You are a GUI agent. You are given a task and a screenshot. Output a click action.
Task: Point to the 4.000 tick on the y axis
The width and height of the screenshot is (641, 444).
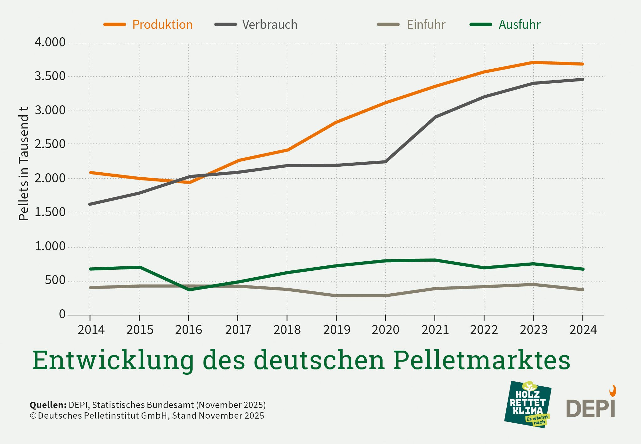pos(50,42)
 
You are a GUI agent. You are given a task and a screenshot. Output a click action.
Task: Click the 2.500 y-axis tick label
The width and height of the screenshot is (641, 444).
pos(50,144)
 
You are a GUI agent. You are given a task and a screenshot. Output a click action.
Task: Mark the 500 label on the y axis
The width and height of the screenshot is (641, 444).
pos(55,280)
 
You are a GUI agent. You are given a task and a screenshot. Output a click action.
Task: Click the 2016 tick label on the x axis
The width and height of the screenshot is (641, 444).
pos(189,330)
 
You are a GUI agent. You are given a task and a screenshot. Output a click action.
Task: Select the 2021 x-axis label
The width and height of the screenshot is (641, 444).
pos(435,330)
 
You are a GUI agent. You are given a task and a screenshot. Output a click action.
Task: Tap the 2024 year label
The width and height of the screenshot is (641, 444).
pos(583,330)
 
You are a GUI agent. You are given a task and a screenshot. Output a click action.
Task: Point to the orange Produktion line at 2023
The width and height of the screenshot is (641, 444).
pos(533,62)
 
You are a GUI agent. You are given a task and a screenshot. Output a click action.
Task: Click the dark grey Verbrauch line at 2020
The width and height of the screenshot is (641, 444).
pos(385,162)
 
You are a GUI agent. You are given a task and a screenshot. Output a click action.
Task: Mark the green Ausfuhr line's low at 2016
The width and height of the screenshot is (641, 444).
pos(189,290)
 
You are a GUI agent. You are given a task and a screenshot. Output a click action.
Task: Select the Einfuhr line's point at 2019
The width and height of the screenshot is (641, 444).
pos(336,295)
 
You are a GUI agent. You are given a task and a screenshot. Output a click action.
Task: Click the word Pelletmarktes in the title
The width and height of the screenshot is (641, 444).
pos(482,360)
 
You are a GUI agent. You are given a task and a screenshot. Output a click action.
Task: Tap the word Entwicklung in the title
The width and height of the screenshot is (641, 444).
pos(113,360)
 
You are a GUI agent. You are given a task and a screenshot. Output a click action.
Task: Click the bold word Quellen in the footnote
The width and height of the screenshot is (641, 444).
pos(48,405)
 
